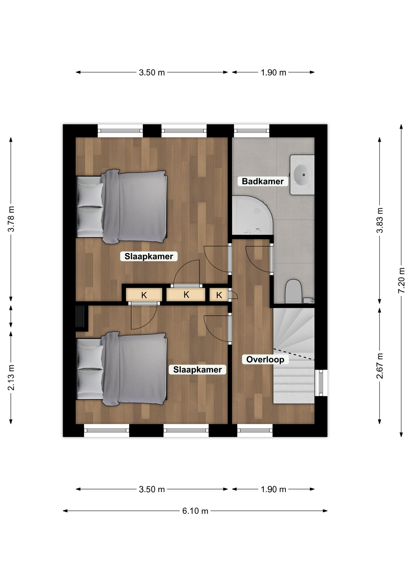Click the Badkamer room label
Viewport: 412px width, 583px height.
pos(263,181)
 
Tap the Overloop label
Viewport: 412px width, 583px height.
pos(265,360)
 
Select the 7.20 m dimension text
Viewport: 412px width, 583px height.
pos(401,280)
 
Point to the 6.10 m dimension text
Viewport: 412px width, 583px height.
pos(195,511)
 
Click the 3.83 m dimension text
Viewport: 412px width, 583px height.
pos(380,220)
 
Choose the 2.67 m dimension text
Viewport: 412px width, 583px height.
pos(380,366)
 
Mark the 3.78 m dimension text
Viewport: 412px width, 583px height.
pos(11,219)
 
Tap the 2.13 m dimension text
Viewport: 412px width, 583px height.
pos(11,377)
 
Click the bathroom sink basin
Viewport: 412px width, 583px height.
pos(302,175)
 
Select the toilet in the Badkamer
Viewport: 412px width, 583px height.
pos(293,291)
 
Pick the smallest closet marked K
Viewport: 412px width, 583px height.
pos(219,295)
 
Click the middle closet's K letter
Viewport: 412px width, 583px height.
pos(186,295)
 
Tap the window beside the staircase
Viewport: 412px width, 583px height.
pos(321,383)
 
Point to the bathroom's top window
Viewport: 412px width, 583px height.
pos(252,131)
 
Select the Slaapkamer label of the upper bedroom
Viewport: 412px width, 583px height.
pos(149,256)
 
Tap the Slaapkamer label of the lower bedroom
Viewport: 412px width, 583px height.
pos(198,370)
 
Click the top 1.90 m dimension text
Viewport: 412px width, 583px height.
pos(273,73)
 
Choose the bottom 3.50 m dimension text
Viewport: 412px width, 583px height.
pos(152,489)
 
